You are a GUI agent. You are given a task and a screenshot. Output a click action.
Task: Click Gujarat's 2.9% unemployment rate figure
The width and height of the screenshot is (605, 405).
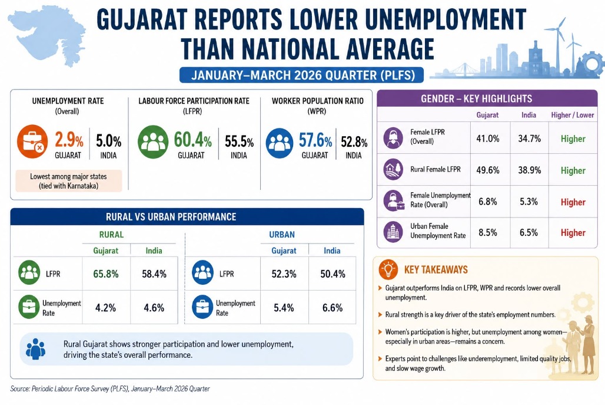point(69,140)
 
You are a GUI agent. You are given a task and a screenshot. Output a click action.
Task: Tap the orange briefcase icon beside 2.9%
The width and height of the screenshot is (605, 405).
point(32,141)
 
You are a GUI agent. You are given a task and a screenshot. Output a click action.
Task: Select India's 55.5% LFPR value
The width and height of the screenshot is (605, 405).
point(239,142)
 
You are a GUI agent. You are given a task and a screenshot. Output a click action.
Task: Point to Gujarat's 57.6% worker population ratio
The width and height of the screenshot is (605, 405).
point(315,140)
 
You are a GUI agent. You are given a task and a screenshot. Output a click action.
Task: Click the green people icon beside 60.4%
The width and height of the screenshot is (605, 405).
point(153,142)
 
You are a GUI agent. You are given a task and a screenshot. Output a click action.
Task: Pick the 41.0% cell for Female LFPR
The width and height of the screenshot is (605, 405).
point(488,139)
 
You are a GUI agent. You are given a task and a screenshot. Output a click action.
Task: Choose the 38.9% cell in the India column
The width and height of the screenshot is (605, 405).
point(530,170)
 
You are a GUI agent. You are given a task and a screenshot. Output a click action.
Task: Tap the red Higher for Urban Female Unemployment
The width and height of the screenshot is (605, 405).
point(573,233)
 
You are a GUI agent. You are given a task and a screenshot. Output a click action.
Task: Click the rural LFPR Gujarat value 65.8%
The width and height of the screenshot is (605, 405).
point(106,274)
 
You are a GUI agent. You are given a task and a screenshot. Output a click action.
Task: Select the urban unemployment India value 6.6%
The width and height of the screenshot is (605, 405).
point(333,308)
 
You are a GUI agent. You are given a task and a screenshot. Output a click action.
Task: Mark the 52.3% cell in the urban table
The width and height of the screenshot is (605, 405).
point(284,274)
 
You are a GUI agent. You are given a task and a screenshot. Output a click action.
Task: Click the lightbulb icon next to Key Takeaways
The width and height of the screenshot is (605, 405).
point(388,269)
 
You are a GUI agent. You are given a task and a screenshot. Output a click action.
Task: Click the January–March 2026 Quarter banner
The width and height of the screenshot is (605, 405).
point(301,75)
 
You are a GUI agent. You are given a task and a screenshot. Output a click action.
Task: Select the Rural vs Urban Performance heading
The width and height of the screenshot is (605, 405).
point(171,217)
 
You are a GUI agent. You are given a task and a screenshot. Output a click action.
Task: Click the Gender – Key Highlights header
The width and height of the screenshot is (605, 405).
point(477,99)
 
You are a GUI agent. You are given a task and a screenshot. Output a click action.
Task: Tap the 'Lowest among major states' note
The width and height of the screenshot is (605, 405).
point(69,181)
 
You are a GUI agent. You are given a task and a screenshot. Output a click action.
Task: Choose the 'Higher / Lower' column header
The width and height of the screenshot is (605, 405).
point(573,115)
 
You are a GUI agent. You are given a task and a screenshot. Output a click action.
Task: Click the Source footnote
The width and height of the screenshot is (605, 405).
point(110,388)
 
